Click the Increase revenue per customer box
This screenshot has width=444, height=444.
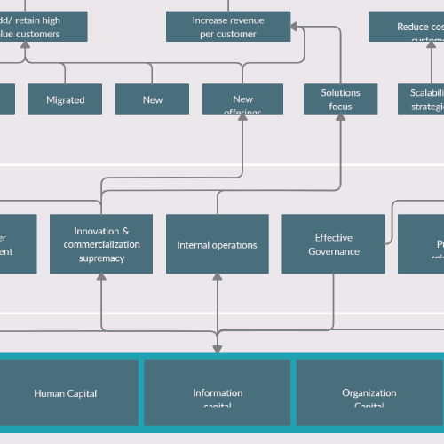(228, 27)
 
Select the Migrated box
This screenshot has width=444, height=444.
(65, 99)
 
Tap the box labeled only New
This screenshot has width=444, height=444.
(152, 99)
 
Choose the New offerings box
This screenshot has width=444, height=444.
(242, 99)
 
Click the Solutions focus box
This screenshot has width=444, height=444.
(341, 99)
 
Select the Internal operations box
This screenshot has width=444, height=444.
(217, 244)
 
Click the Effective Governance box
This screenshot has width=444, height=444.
(333, 244)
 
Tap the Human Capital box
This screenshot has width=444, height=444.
(65, 392)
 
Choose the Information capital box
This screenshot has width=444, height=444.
(218, 392)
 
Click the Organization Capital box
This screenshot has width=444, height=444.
(369, 392)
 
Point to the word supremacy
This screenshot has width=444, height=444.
(100, 258)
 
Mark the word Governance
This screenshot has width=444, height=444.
(334, 251)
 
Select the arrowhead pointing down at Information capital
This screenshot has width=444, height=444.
(218, 350)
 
